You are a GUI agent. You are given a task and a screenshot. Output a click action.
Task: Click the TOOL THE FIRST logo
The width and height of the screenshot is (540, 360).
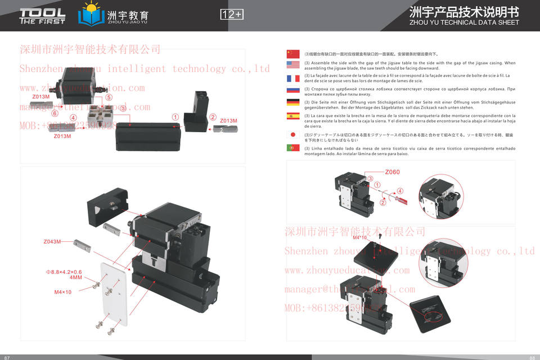[42, 16]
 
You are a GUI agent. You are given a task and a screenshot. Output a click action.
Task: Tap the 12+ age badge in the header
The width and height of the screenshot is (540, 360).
[231, 15]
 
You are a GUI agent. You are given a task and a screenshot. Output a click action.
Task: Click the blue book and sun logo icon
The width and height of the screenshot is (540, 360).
[90, 15]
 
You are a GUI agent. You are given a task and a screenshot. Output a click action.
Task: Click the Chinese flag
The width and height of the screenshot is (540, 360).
[293, 53]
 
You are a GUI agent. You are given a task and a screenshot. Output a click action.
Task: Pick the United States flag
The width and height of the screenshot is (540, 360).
[293, 66]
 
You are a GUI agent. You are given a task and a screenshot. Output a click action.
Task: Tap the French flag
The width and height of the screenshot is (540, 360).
[293, 78]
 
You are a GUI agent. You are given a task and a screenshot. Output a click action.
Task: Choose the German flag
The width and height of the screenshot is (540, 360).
[293, 103]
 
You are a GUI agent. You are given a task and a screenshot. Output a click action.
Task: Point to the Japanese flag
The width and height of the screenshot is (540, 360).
[293, 135]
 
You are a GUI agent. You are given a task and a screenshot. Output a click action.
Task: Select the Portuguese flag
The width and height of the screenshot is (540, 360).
[293, 148]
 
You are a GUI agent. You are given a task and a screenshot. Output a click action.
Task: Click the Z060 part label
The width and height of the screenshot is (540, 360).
[392, 172]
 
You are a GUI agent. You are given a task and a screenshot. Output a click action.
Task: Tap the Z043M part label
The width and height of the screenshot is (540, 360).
[52, 242]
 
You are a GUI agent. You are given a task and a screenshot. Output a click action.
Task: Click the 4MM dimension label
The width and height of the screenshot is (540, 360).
[75, 277]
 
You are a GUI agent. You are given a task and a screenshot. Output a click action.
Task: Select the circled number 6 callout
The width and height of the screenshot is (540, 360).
[55, 113]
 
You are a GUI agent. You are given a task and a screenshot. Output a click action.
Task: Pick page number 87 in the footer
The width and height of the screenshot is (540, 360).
[7, 357]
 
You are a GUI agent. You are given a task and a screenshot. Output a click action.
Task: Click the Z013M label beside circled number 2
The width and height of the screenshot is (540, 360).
[228, 121]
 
